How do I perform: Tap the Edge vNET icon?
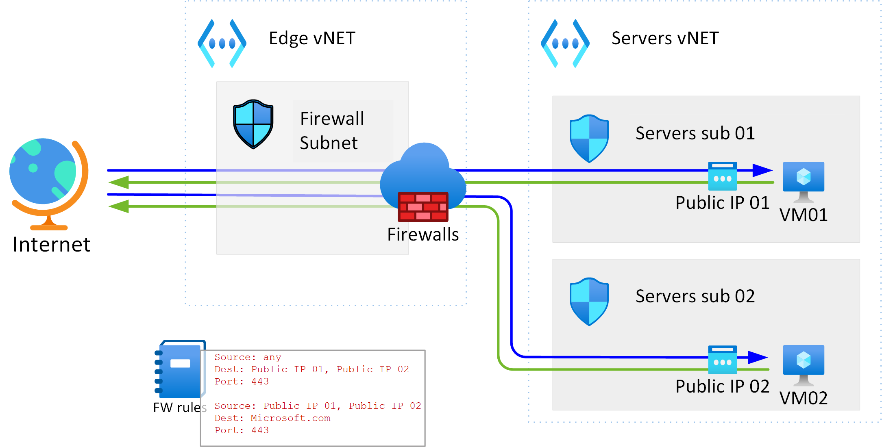tap(222, 43)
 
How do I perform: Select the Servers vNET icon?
tap(565, 43)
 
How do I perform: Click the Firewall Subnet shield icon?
tap(253, 124)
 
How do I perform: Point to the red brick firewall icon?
tap(423, 207)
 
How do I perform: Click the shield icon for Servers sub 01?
tap(589, 138)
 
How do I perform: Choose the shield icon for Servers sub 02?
tap(589, 302)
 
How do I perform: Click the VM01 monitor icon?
tap(804, 181)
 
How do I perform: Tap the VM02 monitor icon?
tap(804, 364)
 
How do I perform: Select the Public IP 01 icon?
tap(722, 176)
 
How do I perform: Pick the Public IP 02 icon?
tap(722, 360)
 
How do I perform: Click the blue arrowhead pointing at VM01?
tap(762, 170)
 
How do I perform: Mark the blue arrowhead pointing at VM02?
tap(757, 358)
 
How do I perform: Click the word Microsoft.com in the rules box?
tap(290, 418)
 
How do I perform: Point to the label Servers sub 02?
tap(695, 296)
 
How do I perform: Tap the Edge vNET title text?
tap(312, 38)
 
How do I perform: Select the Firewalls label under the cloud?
tap(423, 234)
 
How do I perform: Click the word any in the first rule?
tap(272, 357)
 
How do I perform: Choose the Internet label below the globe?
tap(51, 245)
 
